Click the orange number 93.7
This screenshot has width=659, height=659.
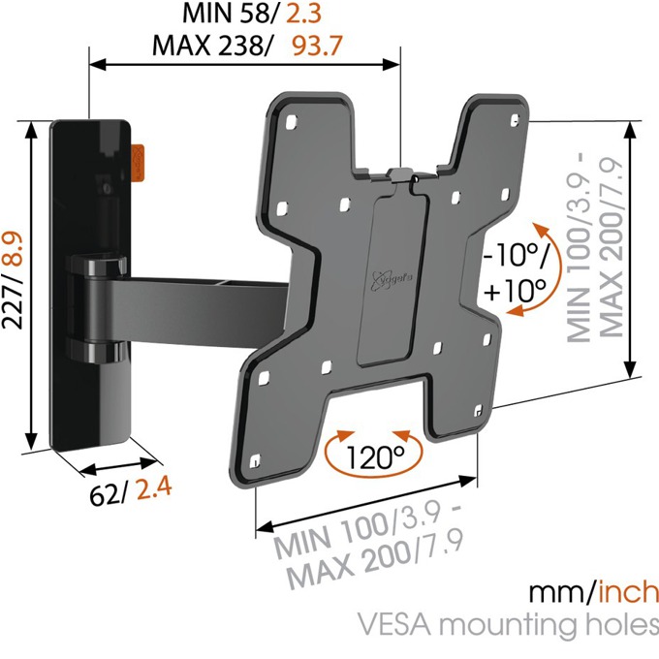(x=317, y=46)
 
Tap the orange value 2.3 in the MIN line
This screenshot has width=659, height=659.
(x=303, y=13)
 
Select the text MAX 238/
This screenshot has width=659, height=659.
(x=212, y=46)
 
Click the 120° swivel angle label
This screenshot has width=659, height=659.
(x=375, y=457)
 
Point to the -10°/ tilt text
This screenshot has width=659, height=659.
(x=517, y=255)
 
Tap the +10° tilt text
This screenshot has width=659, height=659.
(x=515, y=290)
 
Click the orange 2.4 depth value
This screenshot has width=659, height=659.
(x=154, y=488)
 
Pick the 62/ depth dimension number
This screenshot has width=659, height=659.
(x=108, y=495)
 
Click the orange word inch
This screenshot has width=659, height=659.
(x=627, y=592)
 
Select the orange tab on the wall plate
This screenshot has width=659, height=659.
(x=137, y=163)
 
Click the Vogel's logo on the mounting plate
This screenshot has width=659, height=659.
(x=392, y=280)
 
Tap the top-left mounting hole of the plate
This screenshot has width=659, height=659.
(x=291, y=122)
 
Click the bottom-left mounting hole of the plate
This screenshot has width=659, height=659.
(x=255, y=461)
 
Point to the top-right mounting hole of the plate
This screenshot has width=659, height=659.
(x=515, y=120)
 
